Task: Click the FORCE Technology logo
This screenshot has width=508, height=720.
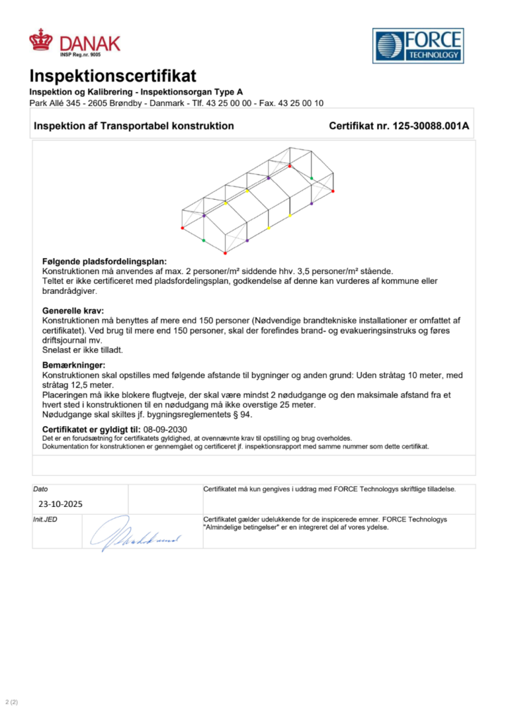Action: pyautogui.click(x=418, y=46)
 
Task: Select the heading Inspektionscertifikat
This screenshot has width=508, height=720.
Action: pyautogui.click(x=113, y=76)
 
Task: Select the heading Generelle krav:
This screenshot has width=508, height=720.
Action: pyautogui.click(x=73, y=310)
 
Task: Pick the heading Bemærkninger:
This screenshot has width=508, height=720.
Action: pyautogui.click(x=73, y=366)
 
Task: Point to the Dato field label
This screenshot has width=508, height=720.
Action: pyautogui.click(x=42, y=489)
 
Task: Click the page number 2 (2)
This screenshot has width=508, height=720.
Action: pyautogui.click(x=11, y=702)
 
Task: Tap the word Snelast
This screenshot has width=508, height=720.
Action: pyautogui.click(x=58, y=349)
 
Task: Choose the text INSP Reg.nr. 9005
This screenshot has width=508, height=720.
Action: pyautogui.click(x=80, y=54)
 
